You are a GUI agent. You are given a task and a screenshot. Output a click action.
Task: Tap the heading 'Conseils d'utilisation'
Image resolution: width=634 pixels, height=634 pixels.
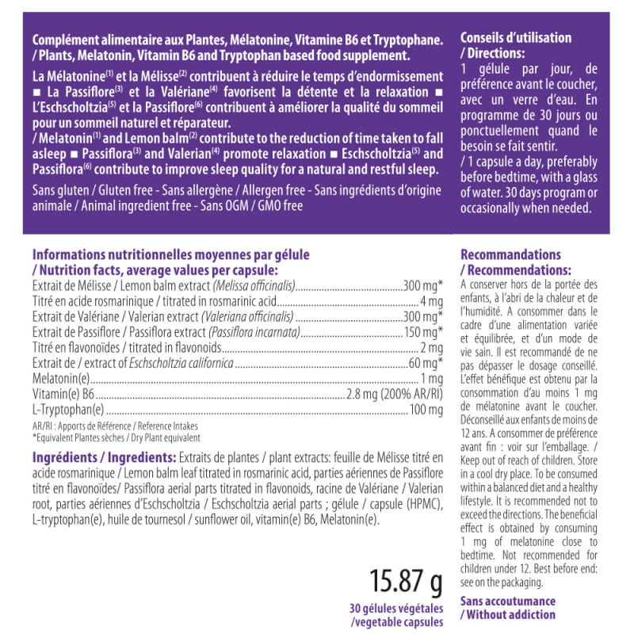point(515,38)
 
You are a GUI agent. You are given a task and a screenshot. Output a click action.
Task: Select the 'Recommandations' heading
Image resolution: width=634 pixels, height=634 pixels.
point(510,255)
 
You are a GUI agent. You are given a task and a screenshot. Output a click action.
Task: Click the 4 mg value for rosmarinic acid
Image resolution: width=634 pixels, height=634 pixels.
point(431,301)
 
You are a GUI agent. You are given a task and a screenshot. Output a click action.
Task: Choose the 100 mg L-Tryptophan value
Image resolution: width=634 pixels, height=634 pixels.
point(426,410)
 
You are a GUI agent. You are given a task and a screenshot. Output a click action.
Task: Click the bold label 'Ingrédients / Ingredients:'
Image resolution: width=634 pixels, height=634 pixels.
point(104,458)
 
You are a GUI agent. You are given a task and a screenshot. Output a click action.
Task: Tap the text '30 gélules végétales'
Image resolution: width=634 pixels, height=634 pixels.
point(395,609)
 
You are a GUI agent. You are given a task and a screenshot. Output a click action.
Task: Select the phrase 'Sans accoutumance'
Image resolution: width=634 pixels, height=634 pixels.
point(508,602)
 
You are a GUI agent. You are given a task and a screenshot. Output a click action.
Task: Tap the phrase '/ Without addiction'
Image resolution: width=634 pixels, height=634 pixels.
point(508,615)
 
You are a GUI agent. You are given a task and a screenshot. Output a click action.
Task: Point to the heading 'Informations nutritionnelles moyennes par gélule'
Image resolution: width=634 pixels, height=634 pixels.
point(170,255)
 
